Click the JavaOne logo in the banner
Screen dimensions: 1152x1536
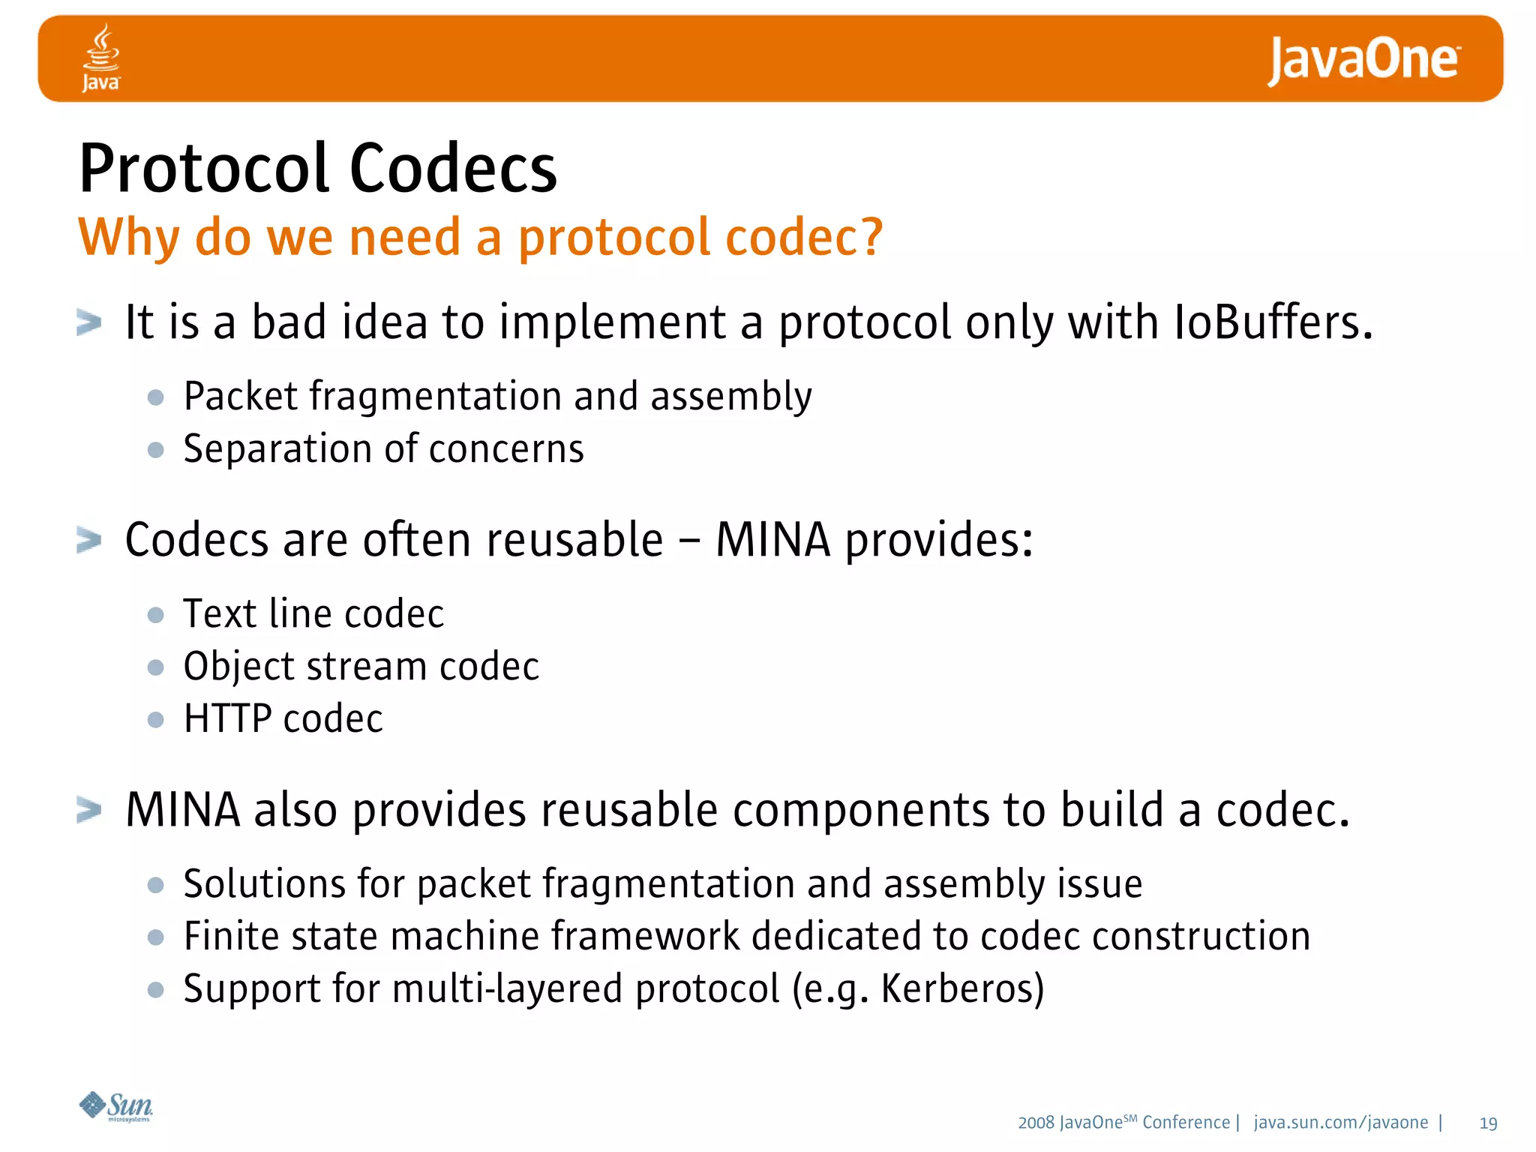tap(1363, 60)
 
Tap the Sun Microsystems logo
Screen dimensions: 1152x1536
tap(116, 1106)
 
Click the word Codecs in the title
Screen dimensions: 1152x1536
tap(453, 169)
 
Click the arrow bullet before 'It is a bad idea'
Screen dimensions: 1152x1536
tap(89, 323)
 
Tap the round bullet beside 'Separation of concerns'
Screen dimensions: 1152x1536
tap(156, 450)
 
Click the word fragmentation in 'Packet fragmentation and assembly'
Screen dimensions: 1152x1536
tap(435, 396)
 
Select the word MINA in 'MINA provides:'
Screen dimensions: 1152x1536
tap(772, 540)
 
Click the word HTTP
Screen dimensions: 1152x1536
tap(227, 718)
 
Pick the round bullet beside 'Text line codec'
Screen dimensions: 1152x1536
tap(156, 615)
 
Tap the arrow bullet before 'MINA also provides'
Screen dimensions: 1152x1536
tap(89, 810)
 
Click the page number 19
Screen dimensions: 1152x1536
tap(1488, 1123)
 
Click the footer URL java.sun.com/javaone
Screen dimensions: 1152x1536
tap(1341, 1123)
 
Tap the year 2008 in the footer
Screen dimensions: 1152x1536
tap(1036, 1123)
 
